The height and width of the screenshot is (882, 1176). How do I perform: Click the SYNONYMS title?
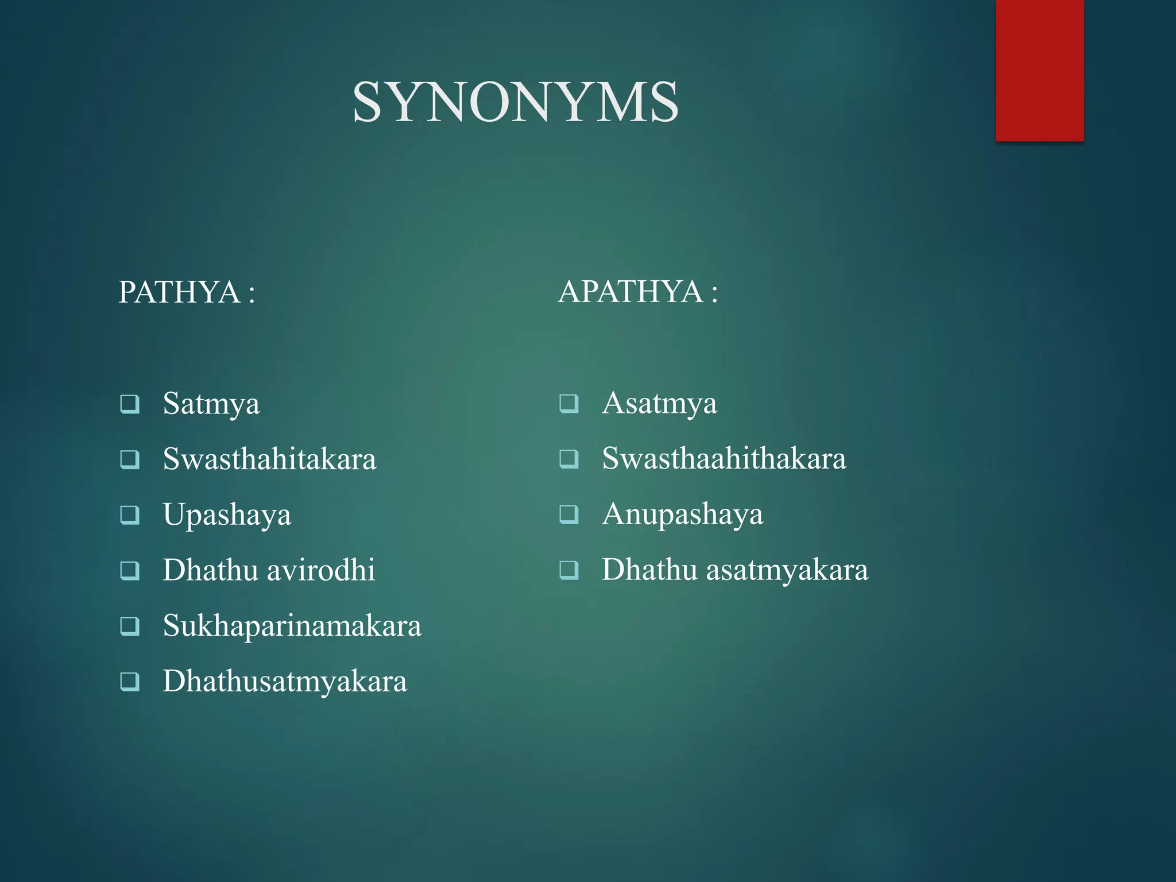tap(515, 102)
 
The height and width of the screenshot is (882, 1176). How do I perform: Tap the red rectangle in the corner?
tap(1039, 70)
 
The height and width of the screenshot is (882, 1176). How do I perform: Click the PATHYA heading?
tap(179, 292)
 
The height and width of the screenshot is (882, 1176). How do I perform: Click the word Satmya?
tap(211, 404)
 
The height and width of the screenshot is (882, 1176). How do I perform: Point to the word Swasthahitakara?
tap(269, 459)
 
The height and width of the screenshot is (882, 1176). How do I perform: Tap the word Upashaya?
tap(227, 514)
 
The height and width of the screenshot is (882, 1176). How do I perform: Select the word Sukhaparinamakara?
tap(292, 625)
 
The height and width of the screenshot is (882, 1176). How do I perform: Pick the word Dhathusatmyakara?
tap(285, 681)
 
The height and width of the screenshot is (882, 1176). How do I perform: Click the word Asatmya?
tap(659, 403)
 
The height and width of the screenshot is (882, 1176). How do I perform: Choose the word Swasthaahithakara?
tap(724, 458)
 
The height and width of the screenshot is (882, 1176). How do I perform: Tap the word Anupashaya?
tap(682, 514)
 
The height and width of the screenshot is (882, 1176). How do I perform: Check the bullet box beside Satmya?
tap(129, 404)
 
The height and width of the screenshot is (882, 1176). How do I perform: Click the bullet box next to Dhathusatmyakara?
tap(129, 682)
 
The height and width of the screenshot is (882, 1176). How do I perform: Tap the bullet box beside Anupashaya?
tap(568, 514)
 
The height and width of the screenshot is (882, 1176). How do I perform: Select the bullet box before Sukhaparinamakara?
tap(129, 626)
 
